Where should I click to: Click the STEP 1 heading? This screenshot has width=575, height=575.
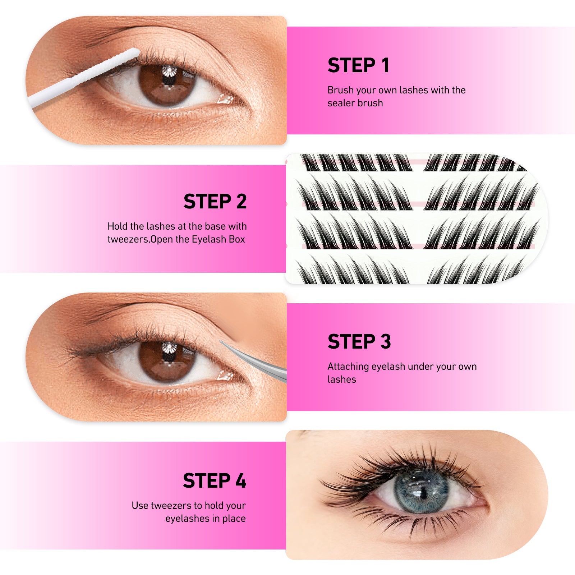point(358,65)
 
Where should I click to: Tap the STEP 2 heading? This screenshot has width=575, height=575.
point(215,201)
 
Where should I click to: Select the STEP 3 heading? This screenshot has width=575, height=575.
point(359,341)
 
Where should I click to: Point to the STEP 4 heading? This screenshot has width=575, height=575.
point(214,481)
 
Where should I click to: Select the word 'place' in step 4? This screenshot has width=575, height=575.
point(234,519)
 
